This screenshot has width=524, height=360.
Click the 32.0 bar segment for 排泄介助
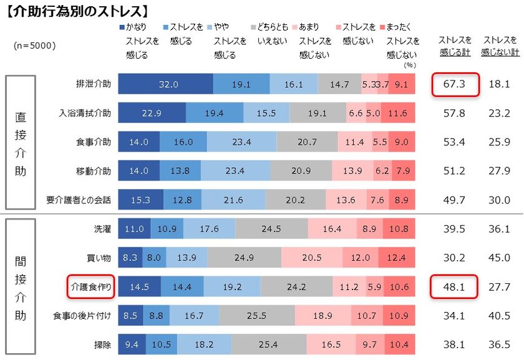tap(166, 84)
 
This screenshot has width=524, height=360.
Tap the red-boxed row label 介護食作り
tap(90, 286)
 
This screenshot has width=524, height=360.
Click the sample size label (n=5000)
tap(34, 46)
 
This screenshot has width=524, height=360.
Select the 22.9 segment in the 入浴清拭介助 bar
tap(152, 113)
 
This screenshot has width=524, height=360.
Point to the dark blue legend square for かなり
tap(122, 27)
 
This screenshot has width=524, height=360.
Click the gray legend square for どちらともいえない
tap(253, 27)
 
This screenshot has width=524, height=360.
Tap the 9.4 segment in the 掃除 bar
tap(132, 344)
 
